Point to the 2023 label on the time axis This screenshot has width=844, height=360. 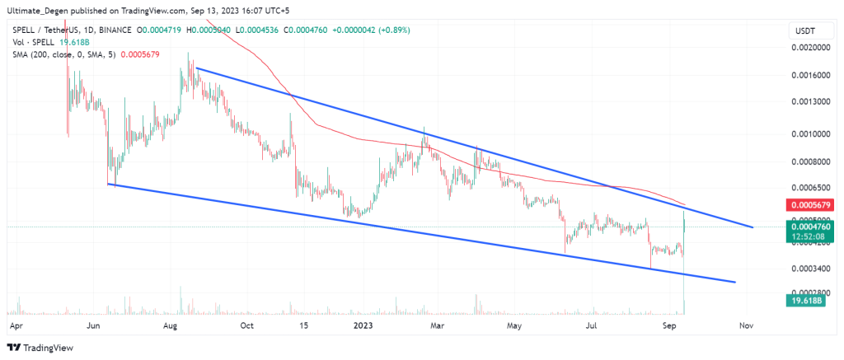(364, 326)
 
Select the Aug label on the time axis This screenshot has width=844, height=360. (171, 326)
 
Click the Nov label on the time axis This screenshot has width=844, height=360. (747, 326)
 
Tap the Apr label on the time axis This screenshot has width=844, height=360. (14, 326)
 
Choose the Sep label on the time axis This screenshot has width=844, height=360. (670, 326)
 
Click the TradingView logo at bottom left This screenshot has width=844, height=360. (41, 347)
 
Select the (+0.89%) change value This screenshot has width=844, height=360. (391, 30)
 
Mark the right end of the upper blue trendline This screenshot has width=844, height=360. (752, 227)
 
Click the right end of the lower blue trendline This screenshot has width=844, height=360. (734, 282)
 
